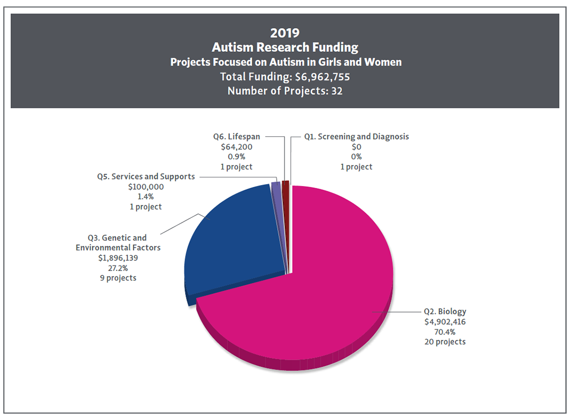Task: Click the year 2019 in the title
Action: [x=284, y=33]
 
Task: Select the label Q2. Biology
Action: [x=445, y=312]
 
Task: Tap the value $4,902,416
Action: [x=445, y=322]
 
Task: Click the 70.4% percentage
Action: [x=445, y=332]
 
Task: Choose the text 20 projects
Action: [x=445, y=342]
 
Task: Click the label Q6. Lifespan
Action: [x=236, y=136]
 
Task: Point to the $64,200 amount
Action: [x=236, y=147]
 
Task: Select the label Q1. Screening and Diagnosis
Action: [x=357, y=136]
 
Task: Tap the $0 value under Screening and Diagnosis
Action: [x=357, y=147]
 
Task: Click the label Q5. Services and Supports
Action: [x=146, y=176]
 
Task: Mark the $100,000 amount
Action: [x=146, y=187]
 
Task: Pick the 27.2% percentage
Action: [x=118, y=268]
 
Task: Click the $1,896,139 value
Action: [x=118, y=258]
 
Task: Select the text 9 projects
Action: [x=118, y=278]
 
